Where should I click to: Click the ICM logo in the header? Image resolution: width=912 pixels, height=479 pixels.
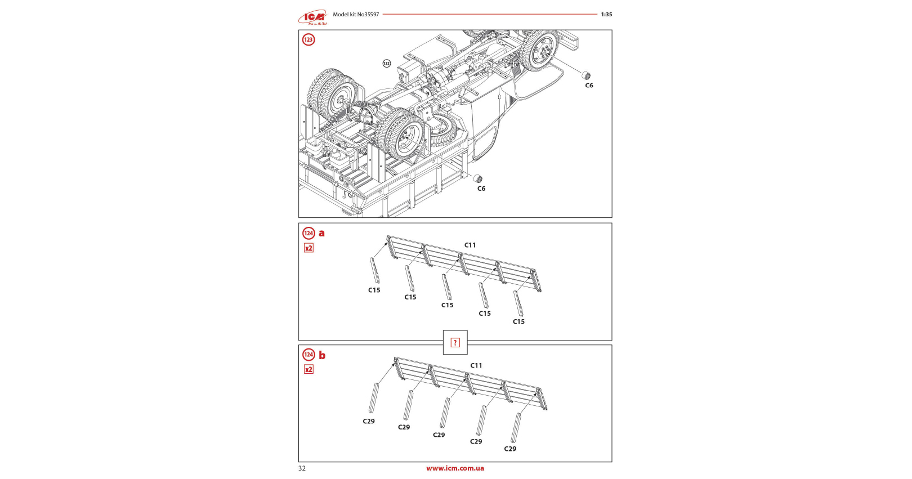(313, 17)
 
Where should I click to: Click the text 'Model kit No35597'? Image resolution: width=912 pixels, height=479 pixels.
(356, 15)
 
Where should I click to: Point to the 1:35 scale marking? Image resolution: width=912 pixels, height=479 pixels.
(606, 15)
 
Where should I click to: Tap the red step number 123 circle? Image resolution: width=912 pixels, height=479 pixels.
(309, 40)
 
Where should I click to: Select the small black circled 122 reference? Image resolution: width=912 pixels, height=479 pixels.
(386, 64)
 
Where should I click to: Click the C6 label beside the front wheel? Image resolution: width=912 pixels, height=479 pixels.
(589, 86)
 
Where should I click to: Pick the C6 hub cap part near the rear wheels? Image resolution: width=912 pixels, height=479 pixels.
(479, 179)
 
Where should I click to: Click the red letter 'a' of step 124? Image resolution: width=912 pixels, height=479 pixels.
(321, 233)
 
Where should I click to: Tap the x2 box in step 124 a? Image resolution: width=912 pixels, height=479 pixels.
(309, 248)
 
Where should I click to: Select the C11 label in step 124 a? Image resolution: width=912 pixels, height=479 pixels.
(470, 245)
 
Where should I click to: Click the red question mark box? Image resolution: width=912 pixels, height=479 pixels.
(455, 343)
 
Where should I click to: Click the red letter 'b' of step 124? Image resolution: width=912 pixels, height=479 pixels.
(322, 355)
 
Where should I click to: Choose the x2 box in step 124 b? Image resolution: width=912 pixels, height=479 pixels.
(309, 370)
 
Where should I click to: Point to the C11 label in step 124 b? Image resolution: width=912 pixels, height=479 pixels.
(476, 366)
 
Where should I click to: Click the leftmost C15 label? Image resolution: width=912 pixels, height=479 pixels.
(374, 290)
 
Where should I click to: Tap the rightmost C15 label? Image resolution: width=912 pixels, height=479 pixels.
(518, 322)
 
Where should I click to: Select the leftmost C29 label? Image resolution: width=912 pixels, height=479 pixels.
(369, 422)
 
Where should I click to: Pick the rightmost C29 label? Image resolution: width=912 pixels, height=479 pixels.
(510, 449)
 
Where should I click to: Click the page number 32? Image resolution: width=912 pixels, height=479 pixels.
(302, 468)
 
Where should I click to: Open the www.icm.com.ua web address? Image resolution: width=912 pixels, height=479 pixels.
(455, 468)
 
